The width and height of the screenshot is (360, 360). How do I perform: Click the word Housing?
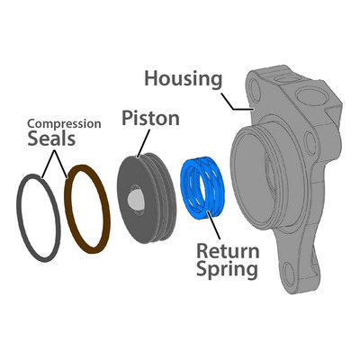click(x=184, y=79)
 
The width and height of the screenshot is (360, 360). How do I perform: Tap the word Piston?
click(x=150, y=118)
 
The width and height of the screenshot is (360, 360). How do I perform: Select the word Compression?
click(x=64, y=123)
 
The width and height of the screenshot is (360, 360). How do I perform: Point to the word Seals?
click(x=51, y=139)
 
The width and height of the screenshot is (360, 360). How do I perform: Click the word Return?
click(x=228, y=251)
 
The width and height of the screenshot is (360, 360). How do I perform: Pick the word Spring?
click(x=227, y=269)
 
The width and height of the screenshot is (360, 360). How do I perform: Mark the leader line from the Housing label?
click(x=237, y=102)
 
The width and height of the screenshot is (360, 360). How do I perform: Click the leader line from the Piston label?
click(x=143, y=143)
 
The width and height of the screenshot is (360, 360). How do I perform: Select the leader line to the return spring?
click(x=213, y=226)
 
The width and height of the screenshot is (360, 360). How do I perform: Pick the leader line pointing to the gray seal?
click(x=48, y=164)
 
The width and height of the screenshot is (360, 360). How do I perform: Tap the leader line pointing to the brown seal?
click(x=61, y=164)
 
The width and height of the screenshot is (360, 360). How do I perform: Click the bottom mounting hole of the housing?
click(x=290, y=274)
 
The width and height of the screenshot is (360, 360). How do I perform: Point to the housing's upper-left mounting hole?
click(x=256, y=90)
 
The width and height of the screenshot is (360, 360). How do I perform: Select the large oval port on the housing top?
click(x=311, y=97)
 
